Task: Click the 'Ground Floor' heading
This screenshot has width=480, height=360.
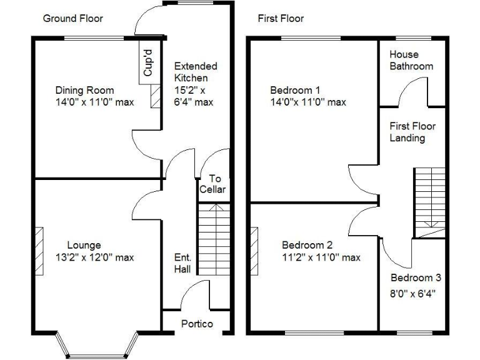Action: [x=72, y=18]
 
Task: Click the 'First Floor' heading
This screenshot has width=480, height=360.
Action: [x=281, y=18]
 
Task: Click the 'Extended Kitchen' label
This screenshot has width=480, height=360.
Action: [x=195, y=72]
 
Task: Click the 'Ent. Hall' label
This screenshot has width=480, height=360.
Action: [x=182, y=262]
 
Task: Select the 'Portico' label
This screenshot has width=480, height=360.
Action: [x=197, y=324]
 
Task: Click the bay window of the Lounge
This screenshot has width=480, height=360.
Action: [x=96, y=344]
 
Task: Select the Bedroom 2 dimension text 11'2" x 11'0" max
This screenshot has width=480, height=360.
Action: [x=321, y=257]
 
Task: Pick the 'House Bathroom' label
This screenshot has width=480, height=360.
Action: [x=411, y=60]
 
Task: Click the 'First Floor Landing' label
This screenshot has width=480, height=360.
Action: [x=412, y=132]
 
